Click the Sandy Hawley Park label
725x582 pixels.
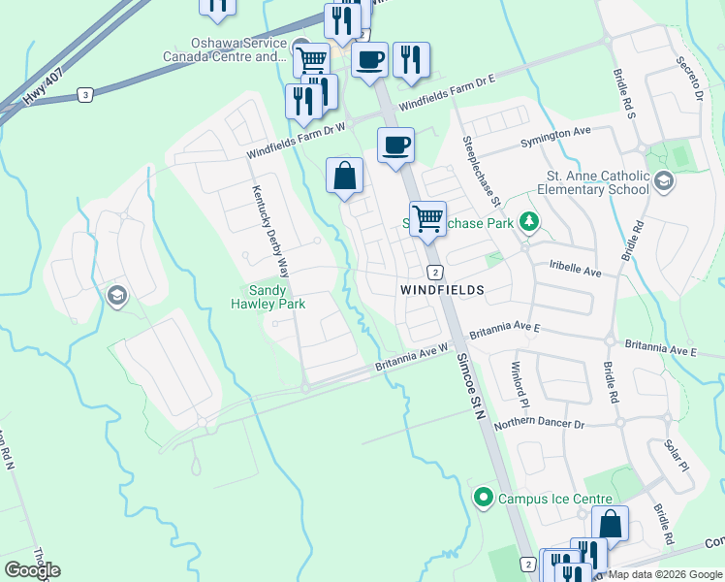click(277, 297)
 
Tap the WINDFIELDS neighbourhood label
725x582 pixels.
click(441, 290)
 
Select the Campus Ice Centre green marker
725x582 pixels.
click(483, 498)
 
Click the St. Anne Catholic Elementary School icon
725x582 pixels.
click(663, 180)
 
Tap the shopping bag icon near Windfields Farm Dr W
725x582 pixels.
click(344, 177)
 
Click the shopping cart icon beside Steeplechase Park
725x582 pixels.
click(427, 219)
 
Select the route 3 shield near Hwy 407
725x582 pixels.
click(86, 94)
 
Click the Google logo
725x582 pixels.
click(32, 570)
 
